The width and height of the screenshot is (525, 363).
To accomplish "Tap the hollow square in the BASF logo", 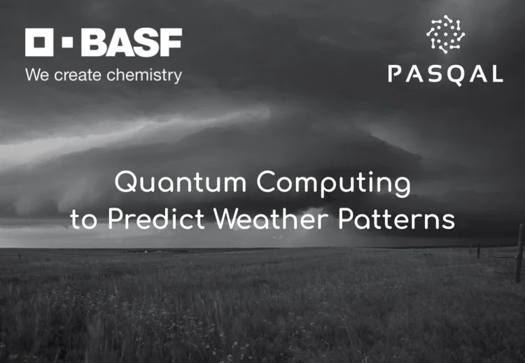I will click(x=39, y=43).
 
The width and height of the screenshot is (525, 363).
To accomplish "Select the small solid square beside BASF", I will click(x=67, y=43).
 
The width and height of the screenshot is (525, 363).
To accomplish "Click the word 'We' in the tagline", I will click(x=36, y=75).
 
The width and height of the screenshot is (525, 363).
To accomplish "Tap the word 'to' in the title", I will click(x=82, y=221).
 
